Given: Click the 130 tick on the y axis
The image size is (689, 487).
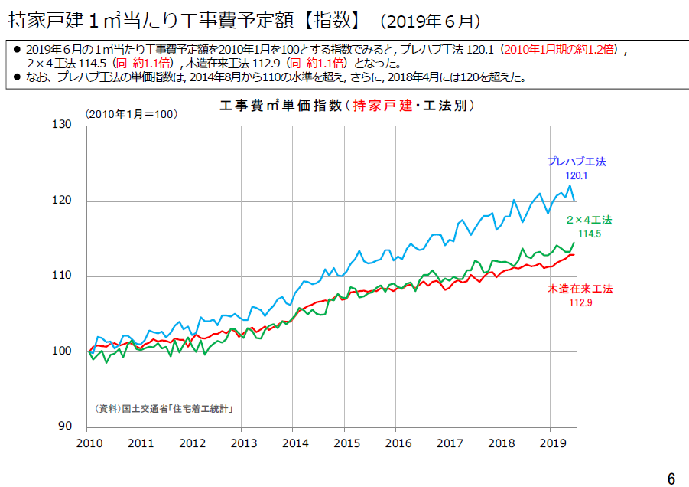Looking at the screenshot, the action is click(x=61, y=125).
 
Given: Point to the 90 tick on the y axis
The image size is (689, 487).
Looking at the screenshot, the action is click(x=65, y=426).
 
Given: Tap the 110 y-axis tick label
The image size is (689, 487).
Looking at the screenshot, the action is click(x=61, y=276).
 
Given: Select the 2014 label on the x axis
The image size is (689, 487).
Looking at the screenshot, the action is click(x=295, y=443).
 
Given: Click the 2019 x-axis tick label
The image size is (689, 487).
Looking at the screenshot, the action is click(x=553, y=443).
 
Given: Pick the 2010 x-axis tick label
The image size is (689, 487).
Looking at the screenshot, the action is click(x=89, y=443).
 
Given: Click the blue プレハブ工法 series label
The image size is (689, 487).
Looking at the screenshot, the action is click(x=577, y=162).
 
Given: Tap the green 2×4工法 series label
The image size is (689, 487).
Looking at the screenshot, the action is click(x=590, y=220).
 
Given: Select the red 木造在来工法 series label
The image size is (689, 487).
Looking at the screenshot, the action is click(x=580, y=289).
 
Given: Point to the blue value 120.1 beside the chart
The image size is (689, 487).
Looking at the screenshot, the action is click(x=577, y=175).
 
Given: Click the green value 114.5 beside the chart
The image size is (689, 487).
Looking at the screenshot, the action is click(x=590, y=234).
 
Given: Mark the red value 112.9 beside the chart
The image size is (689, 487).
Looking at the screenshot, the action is click(x=581, y=302).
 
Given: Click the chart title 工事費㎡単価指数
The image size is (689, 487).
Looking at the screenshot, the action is click(x=281, y=106).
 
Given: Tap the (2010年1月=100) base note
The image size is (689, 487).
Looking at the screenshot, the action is click(x=132, y=114).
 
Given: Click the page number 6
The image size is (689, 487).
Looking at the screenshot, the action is click(x=671, y=479).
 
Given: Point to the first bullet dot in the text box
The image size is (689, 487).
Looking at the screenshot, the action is click(x=17, y=49).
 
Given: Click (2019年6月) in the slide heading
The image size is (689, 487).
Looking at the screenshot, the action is click(x=431, y=21).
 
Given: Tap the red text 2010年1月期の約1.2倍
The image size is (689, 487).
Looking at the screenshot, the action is click(x=559, y=49).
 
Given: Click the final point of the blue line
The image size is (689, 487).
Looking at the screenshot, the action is click(x=574, y=201).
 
